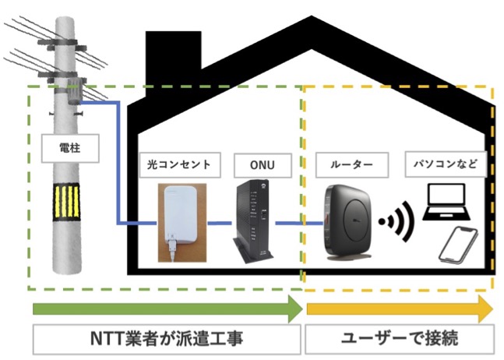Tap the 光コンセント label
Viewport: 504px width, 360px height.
(180, 165)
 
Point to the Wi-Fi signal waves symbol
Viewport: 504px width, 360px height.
(395, 223)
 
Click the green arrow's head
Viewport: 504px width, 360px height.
(294, 309)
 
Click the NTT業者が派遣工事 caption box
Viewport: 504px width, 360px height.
(166, 340)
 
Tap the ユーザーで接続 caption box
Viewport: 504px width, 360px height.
(399, 340)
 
